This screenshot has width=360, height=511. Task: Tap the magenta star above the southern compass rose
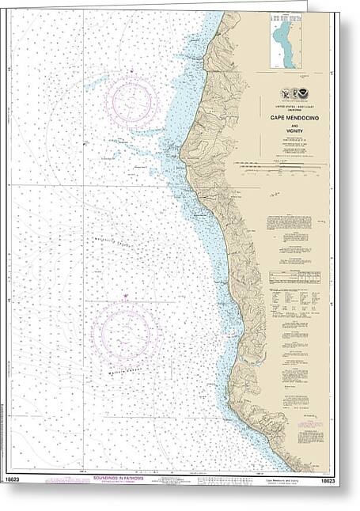124,297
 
